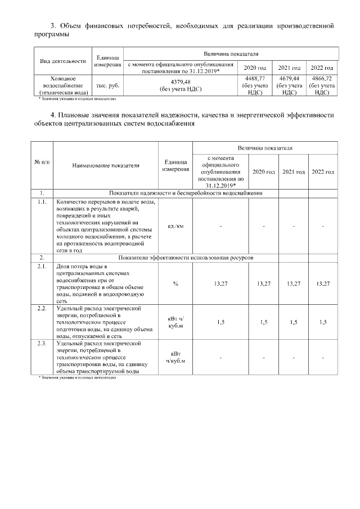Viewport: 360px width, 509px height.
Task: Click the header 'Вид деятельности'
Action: click(62, 61)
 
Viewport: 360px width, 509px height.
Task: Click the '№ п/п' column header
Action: click(42, 163)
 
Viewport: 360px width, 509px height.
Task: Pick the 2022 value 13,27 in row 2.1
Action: click(323, 284)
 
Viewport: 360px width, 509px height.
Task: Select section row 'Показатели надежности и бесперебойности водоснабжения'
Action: click(185, 193)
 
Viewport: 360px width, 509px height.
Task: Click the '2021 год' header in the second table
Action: click(293, 172)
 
